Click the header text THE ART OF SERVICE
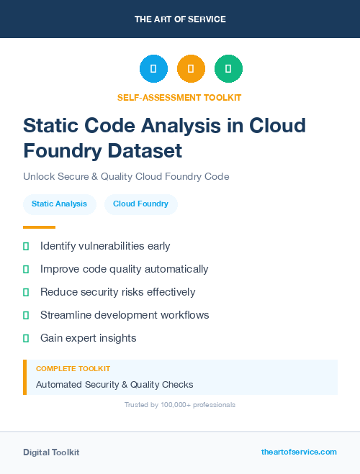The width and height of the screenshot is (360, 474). [180, 19]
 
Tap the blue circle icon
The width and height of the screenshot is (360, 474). [153, 69]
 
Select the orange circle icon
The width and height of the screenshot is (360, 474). [191, 69]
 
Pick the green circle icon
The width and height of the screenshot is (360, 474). [228, 69]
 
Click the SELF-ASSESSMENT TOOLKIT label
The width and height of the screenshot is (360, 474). [179, 97]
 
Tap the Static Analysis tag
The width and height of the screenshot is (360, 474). [59, 204]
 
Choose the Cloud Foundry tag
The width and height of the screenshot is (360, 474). [141, 204]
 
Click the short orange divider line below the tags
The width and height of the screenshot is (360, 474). [39, 227]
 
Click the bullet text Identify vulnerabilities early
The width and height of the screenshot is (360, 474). [105, 246]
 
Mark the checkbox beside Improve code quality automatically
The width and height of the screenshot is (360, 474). [26, 269]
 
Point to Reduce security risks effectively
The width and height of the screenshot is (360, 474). [117, 292]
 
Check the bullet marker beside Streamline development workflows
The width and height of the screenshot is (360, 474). [26, 315]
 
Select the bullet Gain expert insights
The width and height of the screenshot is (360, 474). [88, 338]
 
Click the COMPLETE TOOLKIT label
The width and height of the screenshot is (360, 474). [73, 368]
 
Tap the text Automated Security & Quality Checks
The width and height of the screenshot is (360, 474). [114, 384]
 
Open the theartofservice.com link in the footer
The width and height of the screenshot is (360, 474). [299, 452]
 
